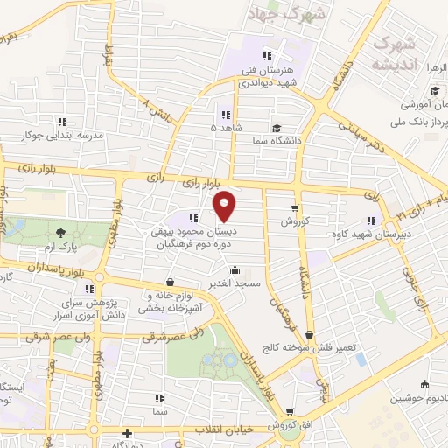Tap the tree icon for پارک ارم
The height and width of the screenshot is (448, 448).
[x=60, y=233]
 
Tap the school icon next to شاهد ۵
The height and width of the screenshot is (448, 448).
[x=226, y=115]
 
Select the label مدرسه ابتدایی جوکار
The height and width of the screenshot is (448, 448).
[x=65, y=136]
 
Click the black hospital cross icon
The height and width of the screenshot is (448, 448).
[x=128, y=433]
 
